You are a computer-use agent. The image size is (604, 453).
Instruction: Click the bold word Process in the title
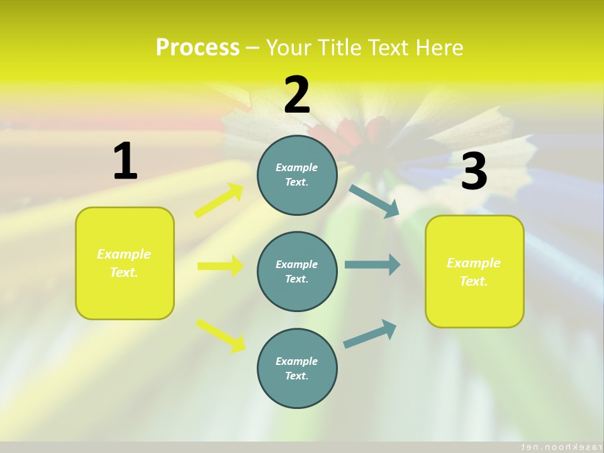click(198, 47)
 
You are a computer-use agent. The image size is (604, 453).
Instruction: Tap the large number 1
click(125, 161)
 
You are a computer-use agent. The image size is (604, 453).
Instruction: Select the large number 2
click(297, 95)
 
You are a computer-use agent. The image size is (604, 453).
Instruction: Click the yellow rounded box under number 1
click(125, 263)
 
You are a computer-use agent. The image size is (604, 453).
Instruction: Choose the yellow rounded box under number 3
click(474, 271)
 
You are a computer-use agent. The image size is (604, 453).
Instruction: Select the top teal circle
click(297, 175)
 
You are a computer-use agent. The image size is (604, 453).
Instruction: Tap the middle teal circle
click(297, 271)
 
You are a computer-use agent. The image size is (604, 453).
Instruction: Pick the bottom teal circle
click(297, 368)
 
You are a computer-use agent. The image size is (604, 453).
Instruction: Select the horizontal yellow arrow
click(220, 266)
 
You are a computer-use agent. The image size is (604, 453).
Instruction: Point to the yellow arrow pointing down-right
click(221, 335)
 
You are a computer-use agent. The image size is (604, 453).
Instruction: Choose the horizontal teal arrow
click(372, 264)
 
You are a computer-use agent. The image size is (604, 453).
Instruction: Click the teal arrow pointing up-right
click(370, 333)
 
